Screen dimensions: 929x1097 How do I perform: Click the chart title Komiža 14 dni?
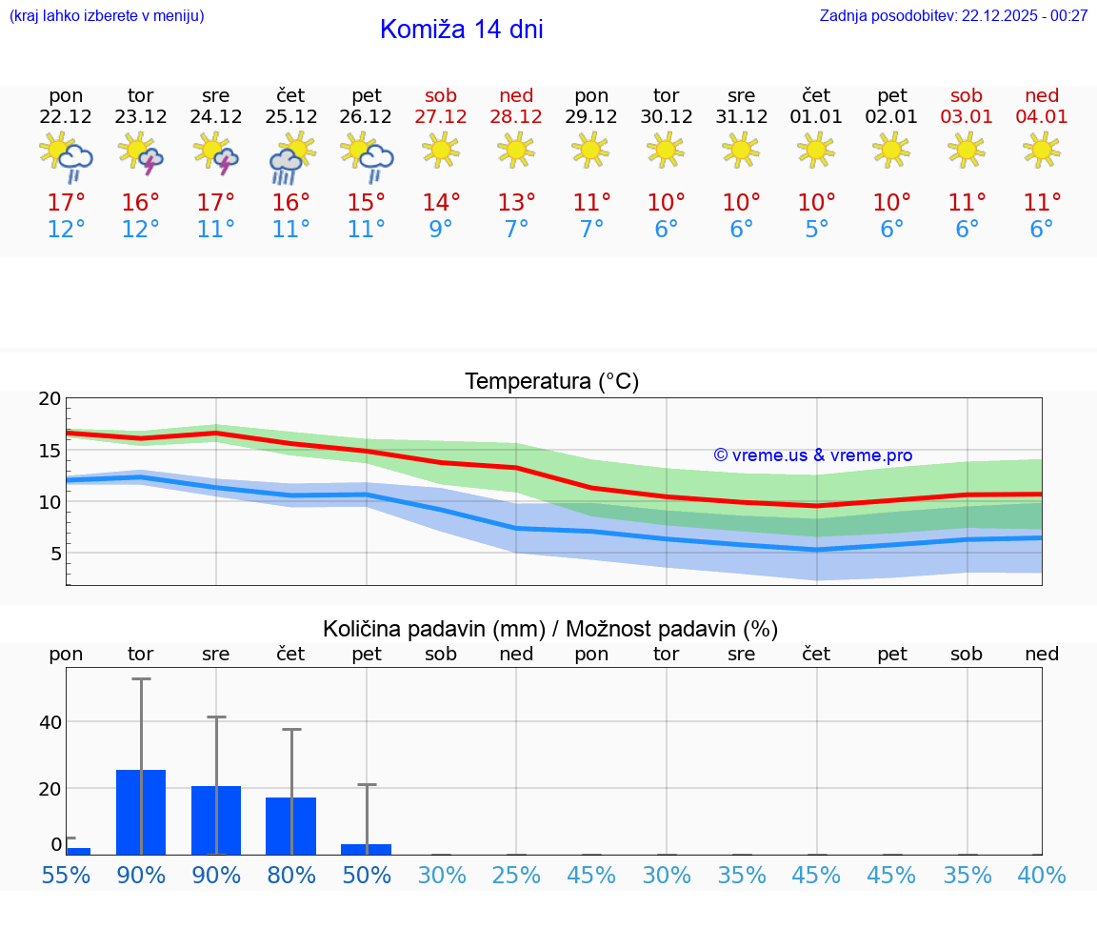click(461, 30)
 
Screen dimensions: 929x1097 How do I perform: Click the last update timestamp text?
click(953, 16)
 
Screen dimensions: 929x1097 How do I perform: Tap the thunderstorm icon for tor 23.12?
click(141, 153)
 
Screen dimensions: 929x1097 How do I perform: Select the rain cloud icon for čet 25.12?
click(290, 156)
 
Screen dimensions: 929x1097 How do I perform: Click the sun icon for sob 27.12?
click(441, 150)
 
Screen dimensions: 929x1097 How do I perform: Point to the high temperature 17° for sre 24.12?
click(216, 203)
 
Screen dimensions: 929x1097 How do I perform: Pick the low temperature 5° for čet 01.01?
click(816, 230)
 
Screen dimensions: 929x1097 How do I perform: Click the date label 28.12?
click(516, 117)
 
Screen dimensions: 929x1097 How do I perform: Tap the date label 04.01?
click(1042, 117)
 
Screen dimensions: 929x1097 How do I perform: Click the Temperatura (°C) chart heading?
click(551, 382)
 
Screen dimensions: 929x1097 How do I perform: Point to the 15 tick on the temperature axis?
click(50, 451)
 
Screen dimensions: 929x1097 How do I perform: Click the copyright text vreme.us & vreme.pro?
click(813, 455)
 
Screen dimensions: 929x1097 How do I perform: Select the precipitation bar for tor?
click(141, 812)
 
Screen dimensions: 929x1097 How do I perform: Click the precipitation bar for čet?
click(290, 825)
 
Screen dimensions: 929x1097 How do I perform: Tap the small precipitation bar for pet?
click(366, 849)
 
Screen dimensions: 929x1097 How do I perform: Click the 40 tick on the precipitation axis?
click(50, 722)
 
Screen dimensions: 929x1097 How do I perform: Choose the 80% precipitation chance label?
click(290, 876)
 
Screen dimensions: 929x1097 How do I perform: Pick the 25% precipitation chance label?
click(516, 876)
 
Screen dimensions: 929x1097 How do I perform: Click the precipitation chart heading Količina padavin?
click(550, 629)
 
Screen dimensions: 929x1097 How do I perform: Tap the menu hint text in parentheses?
click(107, 16)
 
